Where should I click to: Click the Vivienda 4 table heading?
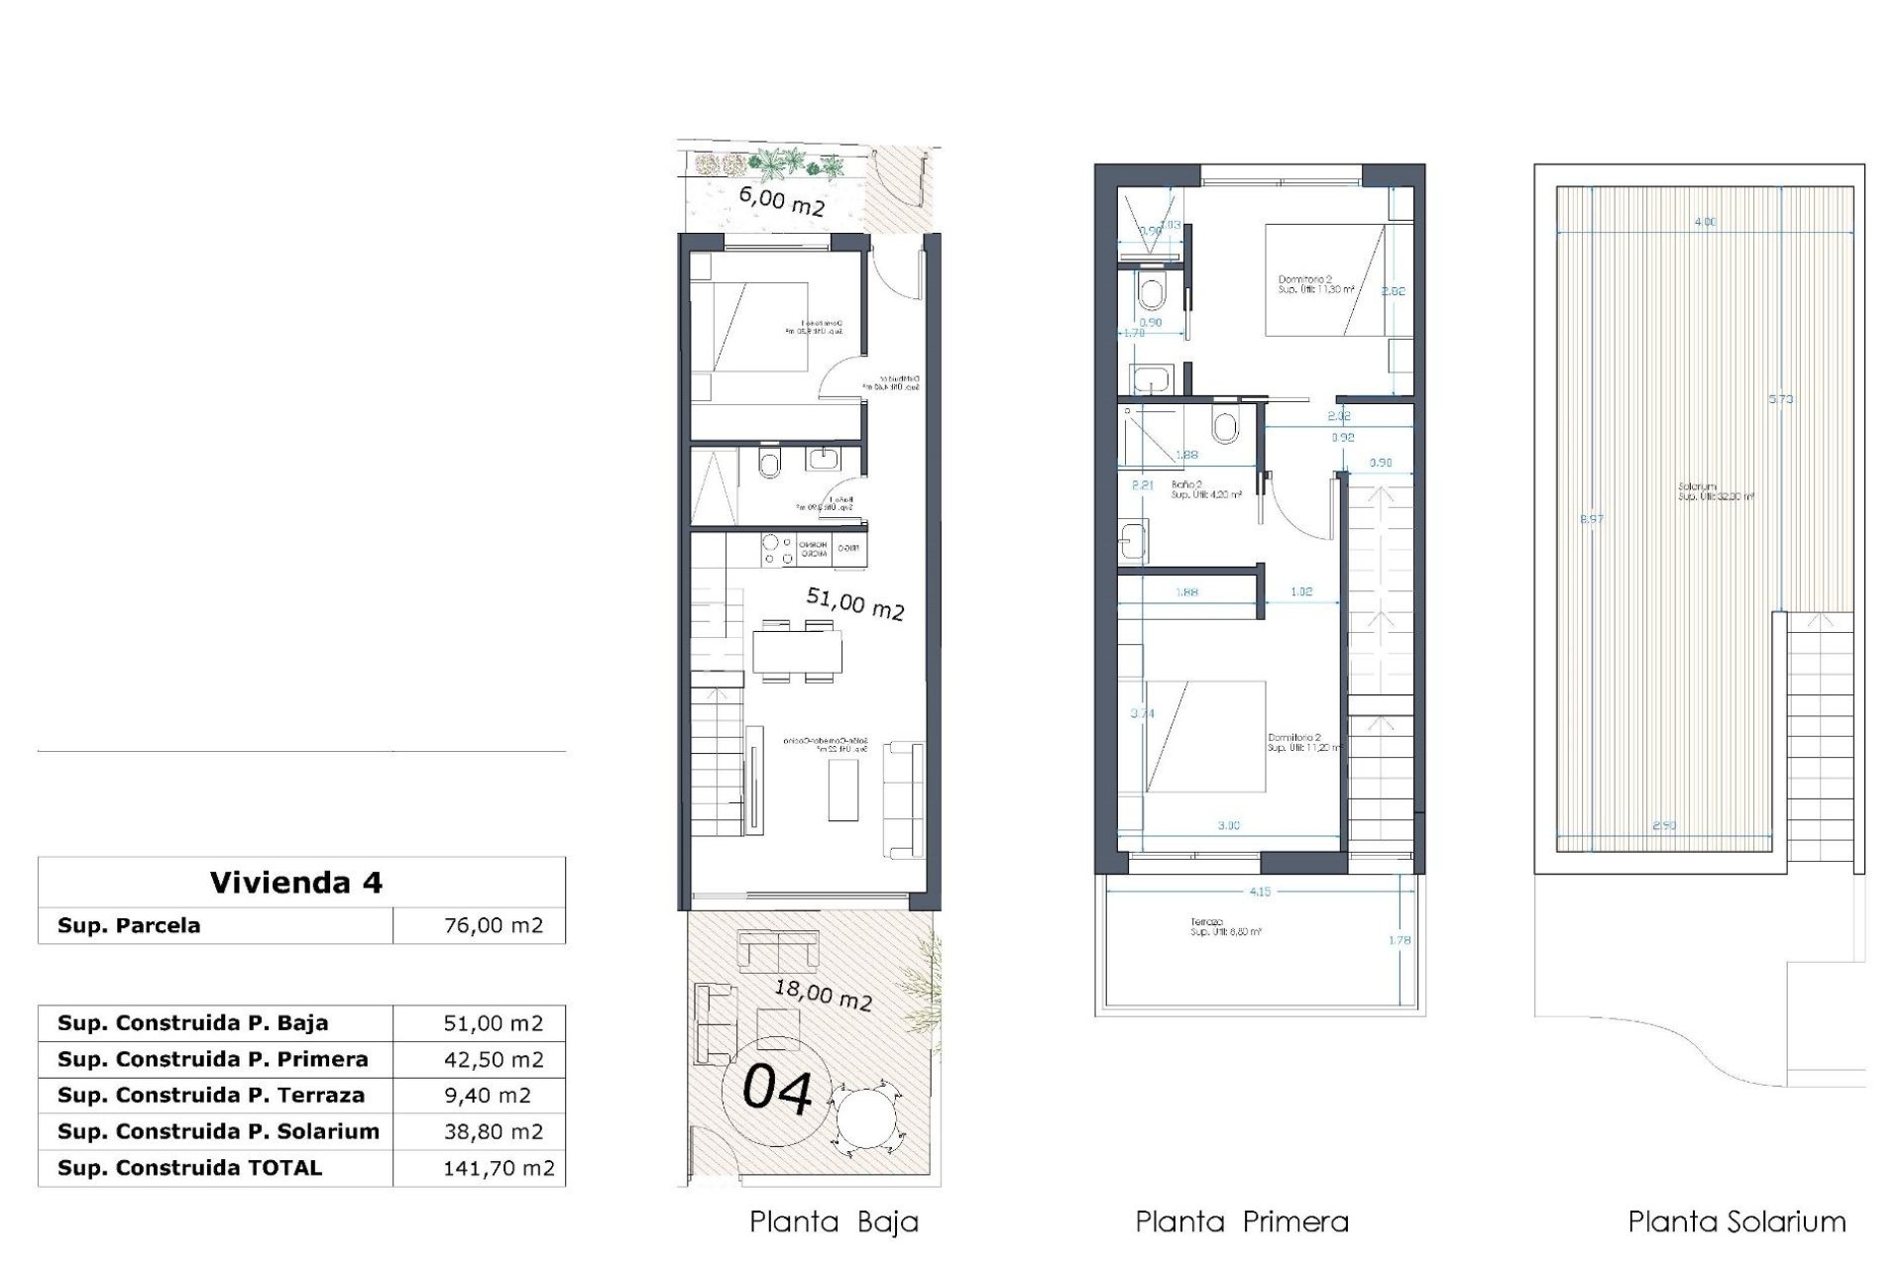(x=295, y=883)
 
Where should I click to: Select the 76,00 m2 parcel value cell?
(x=493, y=926)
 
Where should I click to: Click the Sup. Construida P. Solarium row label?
(x=218, y=1132)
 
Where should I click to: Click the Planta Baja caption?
(x=834, y=1222)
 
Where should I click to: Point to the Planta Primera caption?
(x=1242, y=1222)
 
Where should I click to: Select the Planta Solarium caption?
(x=1736, y=1222)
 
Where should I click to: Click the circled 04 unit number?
(x=778, y=1089)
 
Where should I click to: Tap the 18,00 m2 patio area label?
(x=823, y=994)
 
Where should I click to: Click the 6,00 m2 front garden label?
(x=781, y=201)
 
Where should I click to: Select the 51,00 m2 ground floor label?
(x=854, y=603)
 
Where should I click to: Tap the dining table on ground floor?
(x=797, y=652)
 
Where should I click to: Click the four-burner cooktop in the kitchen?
(x=776, y=551)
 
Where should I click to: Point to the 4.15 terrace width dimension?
(x=1259, y=892)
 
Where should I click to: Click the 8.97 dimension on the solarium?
(x=1591, y=519)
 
